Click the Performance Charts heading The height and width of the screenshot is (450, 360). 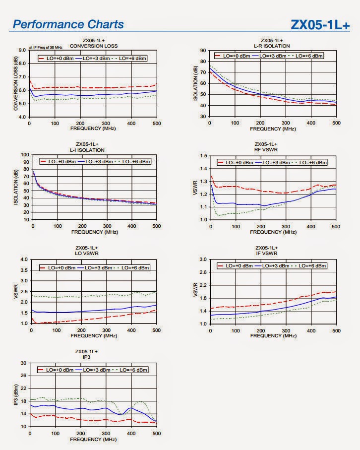[68, 24]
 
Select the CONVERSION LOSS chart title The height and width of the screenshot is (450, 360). [94, 46]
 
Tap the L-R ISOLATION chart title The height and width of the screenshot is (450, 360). [272, 46]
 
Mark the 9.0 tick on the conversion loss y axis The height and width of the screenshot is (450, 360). [22, 50]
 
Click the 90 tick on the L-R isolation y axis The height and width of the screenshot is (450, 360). [203, 51]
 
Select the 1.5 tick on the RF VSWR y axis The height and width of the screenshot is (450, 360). [203, 156]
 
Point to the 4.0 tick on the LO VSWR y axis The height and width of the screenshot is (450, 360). [23, 259]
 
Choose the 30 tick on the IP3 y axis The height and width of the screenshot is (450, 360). [23, 363]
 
